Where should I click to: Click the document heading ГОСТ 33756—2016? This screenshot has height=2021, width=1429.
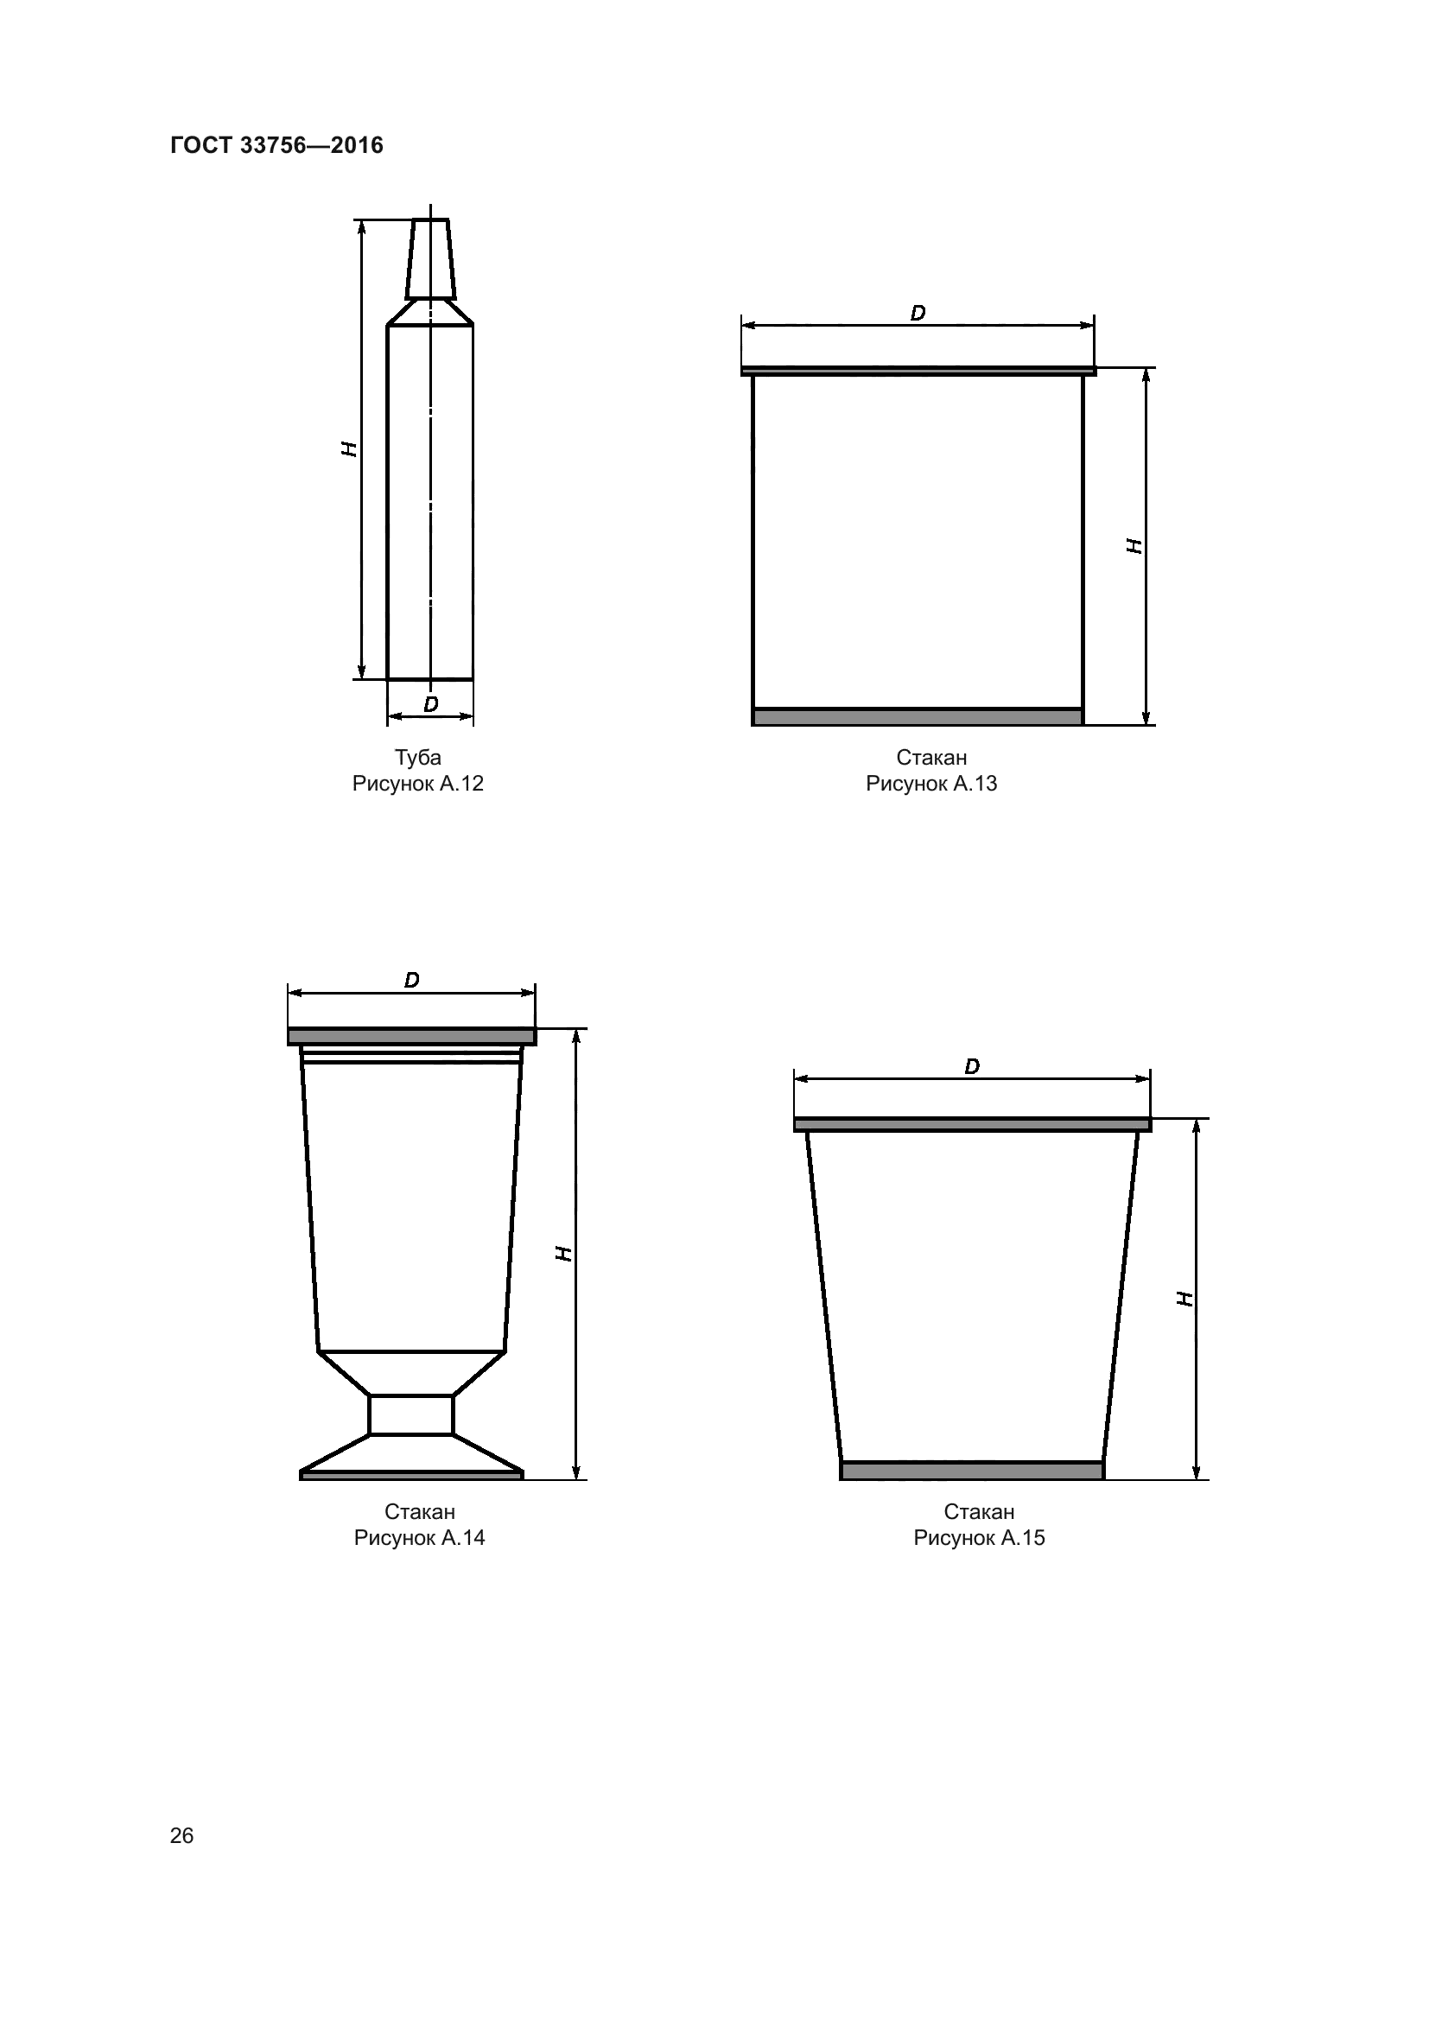point(276,145)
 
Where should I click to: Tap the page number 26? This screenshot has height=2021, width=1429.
point(181,1835)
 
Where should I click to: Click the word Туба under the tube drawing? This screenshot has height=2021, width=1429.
point(418,758)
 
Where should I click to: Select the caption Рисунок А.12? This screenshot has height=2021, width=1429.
point(418,784)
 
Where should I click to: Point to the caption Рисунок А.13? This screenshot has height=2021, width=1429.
point(931,784)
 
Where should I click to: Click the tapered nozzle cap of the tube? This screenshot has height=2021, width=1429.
point(430,259)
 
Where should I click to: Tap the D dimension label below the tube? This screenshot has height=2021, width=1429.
point(431,704)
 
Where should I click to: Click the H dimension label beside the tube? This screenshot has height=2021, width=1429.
point(349,449)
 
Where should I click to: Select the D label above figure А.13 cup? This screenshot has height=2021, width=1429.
point(918,314)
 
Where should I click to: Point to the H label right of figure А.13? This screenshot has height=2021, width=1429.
point(1135,546)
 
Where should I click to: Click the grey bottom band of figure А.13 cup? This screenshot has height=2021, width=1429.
point(918,716)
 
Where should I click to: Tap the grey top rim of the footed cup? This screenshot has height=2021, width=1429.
point(412,1036)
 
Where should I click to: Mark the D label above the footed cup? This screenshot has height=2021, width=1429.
point(412,980)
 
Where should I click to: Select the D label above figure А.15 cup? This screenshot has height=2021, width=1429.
point(972,1066)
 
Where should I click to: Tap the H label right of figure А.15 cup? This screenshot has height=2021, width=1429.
point(1185,1298)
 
